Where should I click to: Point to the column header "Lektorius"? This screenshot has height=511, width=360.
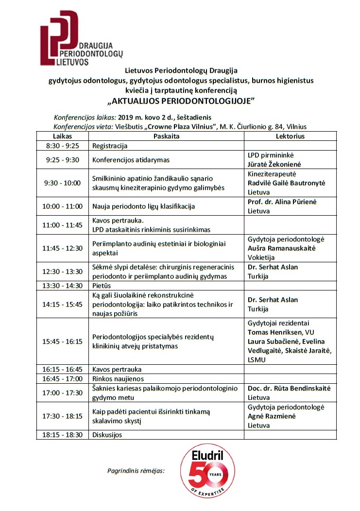tap(290, 136)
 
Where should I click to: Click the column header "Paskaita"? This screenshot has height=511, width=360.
tap(167, 136)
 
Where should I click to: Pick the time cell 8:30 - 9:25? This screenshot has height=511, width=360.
tap(62, 146)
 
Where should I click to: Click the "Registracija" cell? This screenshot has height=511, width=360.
tap(110, 146)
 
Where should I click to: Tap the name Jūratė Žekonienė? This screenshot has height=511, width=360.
tap(275, 164)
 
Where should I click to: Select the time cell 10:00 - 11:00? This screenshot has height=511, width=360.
tap(62, 206)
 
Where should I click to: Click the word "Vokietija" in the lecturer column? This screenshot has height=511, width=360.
tap(261, 257)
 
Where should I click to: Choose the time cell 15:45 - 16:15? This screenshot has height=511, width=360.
tap(62, 341)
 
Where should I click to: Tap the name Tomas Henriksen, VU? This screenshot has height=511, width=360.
tap(281, 332)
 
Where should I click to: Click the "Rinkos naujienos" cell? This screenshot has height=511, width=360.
tap(118, 379)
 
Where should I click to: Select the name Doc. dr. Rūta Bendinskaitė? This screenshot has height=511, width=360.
tap(289, 388)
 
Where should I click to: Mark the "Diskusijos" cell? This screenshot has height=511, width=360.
tap(107, 435)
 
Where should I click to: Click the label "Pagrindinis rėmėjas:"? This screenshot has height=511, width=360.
tap(136, 470)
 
